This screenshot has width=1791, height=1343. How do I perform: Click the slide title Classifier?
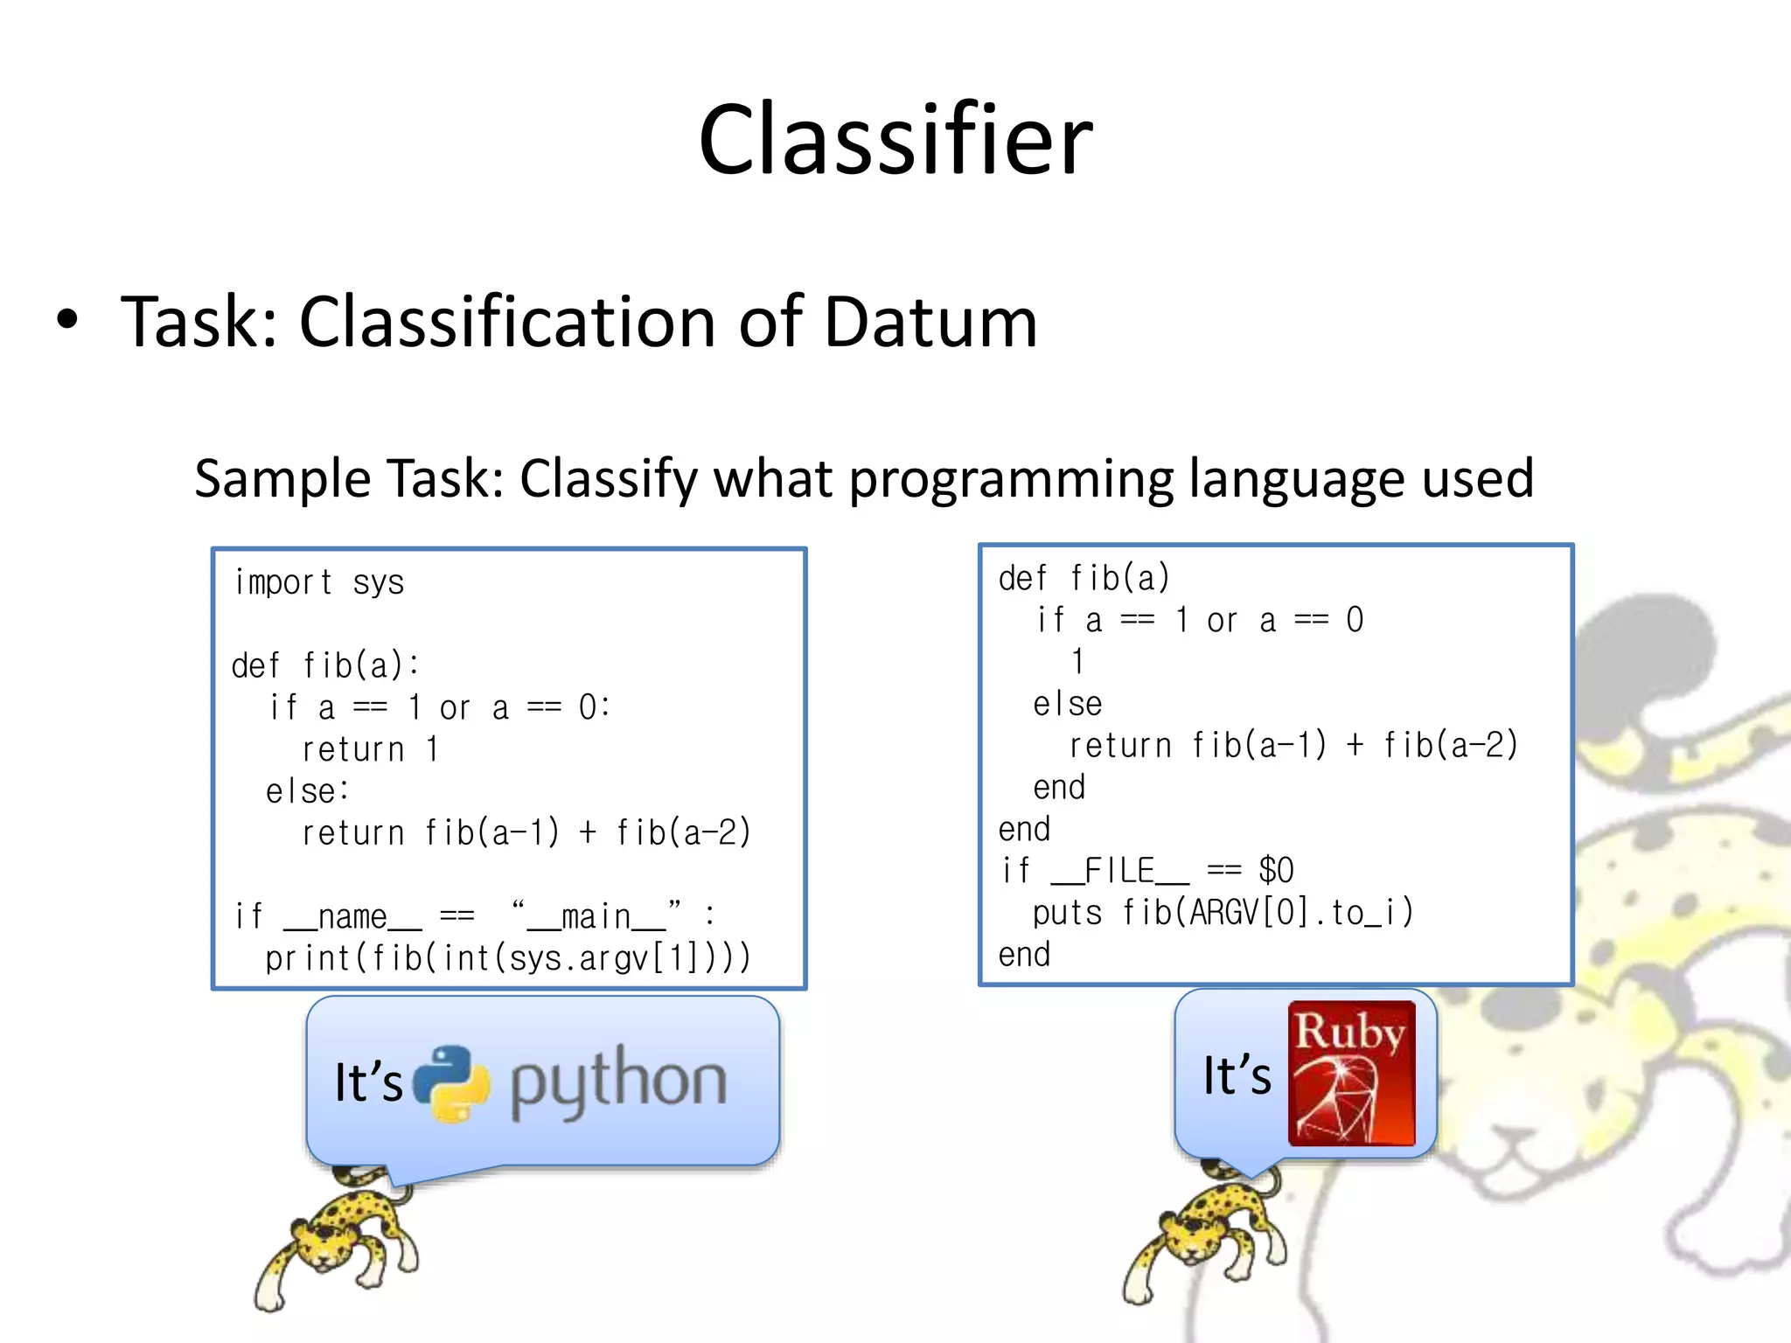click(x=895, y=140)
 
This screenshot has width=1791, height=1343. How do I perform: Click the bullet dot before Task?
click(x=67, y=321)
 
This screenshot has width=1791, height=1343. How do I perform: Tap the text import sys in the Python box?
click(x=319, y=582)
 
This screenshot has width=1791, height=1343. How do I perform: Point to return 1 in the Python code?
click(x=370, y=749)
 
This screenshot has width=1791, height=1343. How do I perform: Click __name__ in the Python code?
click(x=352, y=917)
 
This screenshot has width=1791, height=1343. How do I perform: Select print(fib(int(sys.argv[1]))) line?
click(x=507, y=958)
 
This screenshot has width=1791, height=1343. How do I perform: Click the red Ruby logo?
click(x=1351, y=1074)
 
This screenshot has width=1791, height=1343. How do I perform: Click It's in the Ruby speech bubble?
click(x=1237, y=1075)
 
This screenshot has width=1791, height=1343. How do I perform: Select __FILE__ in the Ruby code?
click(x=1119, y=871)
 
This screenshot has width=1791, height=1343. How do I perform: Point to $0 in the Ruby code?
click(x=1276, y=871)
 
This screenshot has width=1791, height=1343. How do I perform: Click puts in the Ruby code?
click(x=1067, y=913)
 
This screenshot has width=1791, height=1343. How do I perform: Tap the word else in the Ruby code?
click(x=1067, y=704)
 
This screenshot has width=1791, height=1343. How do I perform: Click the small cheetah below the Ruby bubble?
click(x=1207, y=1233)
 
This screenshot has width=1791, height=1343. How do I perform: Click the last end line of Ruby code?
click(x=1024, y=955)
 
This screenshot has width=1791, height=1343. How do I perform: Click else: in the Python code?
click(x=308, y=791)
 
